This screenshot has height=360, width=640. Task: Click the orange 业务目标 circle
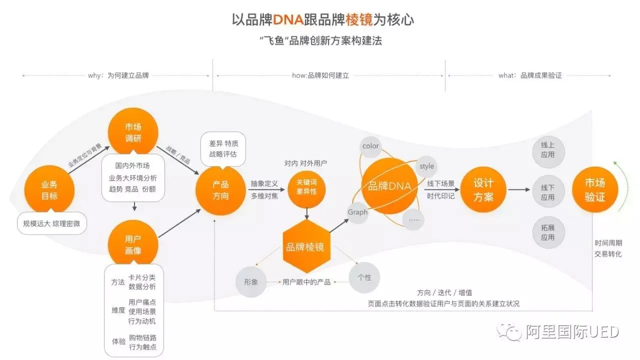pos(49,190)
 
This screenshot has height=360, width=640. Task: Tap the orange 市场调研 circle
pos(133,131)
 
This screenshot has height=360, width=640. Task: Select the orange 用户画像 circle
pos(133,244)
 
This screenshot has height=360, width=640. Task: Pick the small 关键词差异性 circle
pos(306,187)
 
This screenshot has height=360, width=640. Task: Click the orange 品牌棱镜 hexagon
pos(305,246)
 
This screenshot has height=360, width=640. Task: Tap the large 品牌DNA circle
pos(389,186)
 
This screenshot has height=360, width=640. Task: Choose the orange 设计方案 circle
pos(483,190)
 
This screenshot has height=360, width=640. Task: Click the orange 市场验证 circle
pos(595,190)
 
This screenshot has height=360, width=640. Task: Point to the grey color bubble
pos(371,146)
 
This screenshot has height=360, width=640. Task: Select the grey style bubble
pos(426,166)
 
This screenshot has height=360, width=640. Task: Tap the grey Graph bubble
pos(358,212)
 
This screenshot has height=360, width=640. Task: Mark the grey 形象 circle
pos(251,281)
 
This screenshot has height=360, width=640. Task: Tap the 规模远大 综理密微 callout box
pos(51,223)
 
